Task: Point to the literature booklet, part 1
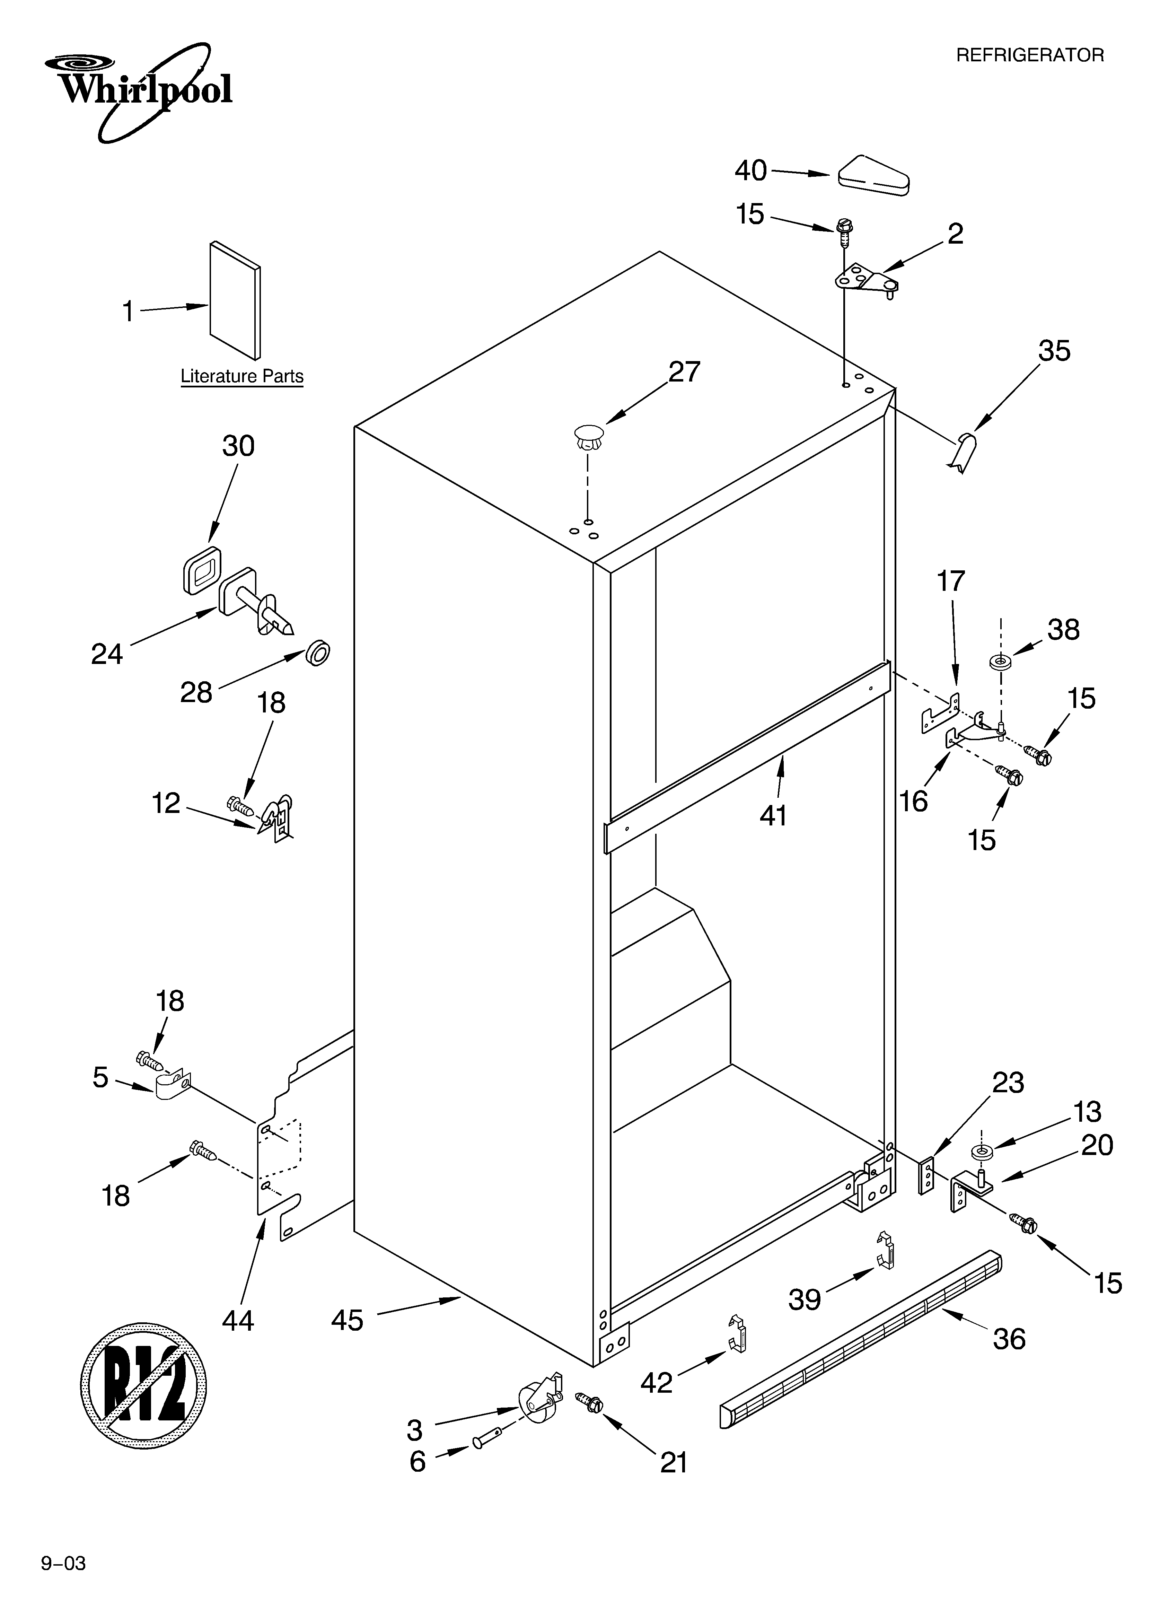click(235, 300)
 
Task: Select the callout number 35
click(1054, 351)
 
